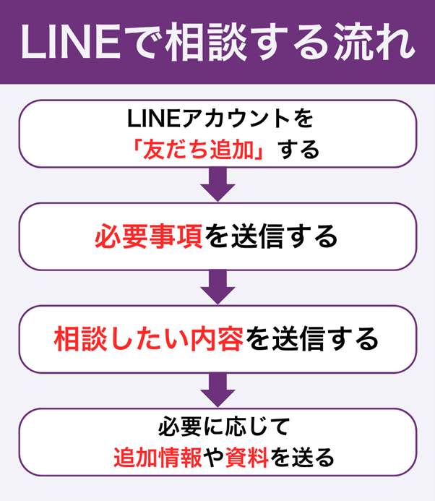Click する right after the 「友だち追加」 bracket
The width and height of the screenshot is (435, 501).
pyautogui.click(x=300, y=150)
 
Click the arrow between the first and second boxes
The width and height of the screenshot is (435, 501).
pyautogui.click(x=217, y=184)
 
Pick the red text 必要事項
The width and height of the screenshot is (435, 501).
pyautogui.click(x=148, y=236)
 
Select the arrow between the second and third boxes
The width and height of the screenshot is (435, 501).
pyautogui.click(x=217, y=287)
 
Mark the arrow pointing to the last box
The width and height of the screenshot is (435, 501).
pyautogui.click(x=217, y=390)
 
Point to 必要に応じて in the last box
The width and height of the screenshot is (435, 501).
pyautogui.click(x=217, y=426)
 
